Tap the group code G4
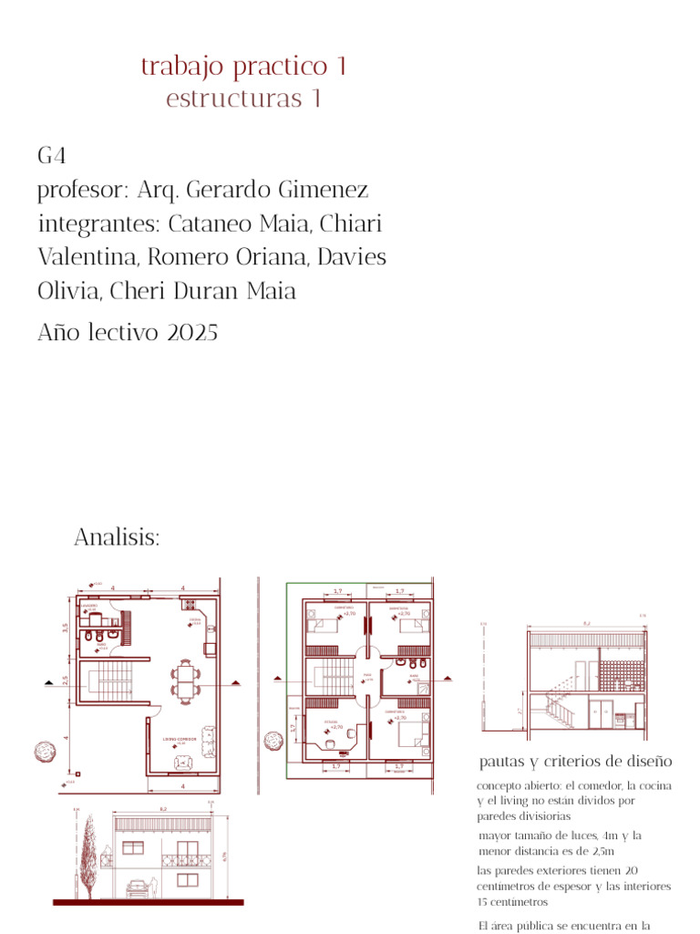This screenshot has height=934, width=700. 51,156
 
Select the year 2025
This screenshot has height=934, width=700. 192,333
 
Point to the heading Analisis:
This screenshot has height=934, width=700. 117,538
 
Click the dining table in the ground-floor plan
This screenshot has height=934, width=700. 185,677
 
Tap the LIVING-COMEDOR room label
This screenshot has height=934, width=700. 180,739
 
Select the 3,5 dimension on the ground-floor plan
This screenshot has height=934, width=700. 65,628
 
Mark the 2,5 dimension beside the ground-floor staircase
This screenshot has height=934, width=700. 65,680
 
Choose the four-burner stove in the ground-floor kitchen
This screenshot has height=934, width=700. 190,604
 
